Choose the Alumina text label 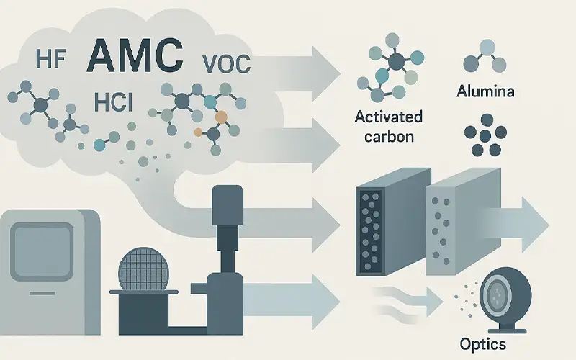(486, 91)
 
